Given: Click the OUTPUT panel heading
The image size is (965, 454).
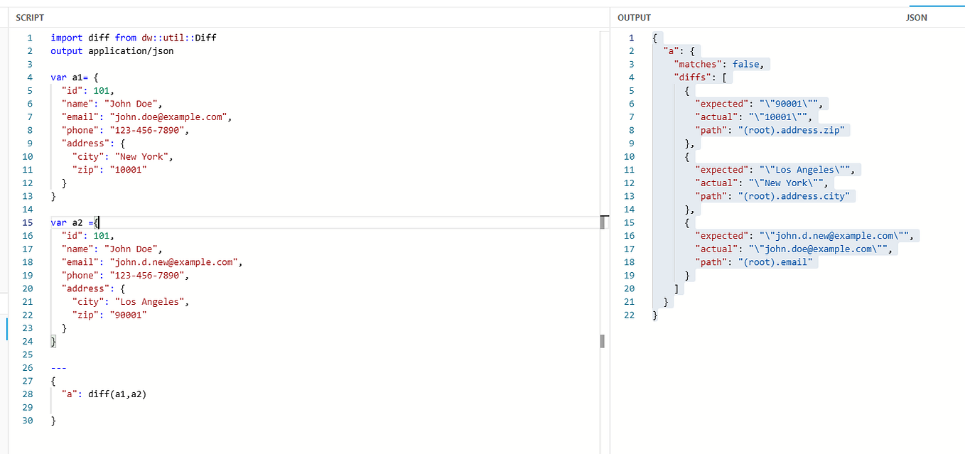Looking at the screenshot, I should click(x=634, y=17).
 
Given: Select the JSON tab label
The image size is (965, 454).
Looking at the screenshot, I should click(x=916, y=17).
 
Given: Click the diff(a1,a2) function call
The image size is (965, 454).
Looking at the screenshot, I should click(x=117, y=394).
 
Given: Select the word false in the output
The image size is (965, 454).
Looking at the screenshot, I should click(x=746, y=64).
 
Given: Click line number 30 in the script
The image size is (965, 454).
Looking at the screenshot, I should click(x=28, y=421).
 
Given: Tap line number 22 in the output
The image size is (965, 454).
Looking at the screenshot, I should click(x=629, y=315).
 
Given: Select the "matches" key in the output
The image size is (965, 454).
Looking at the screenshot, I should click(x=698, y=64).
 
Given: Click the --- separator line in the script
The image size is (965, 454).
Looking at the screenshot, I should click(x=59, y=368).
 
